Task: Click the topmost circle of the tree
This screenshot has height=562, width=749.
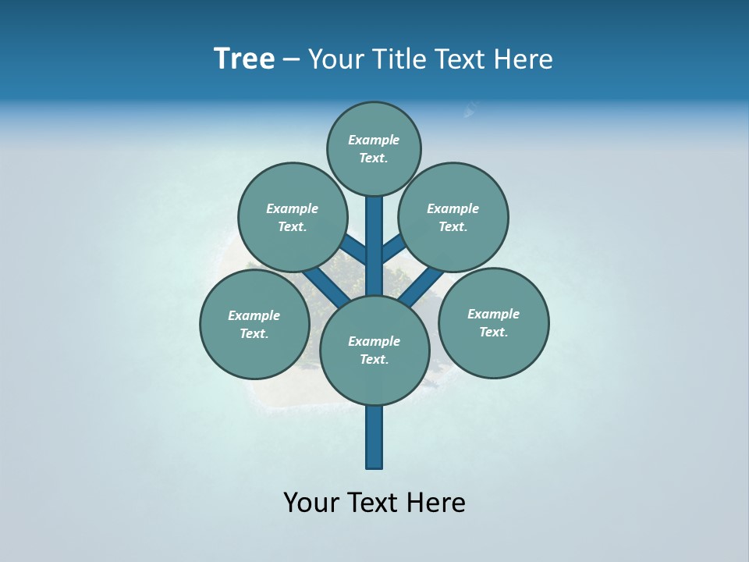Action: [x=374, y=148]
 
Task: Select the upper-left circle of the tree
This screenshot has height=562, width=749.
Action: [x=292, y=217]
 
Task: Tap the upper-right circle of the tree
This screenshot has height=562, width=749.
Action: [x=453, y=217]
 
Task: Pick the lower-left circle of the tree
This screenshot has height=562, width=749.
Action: [x=254, y=324]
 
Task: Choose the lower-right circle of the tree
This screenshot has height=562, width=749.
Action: [x=493, y=322]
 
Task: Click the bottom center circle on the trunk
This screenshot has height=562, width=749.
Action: [x=374, y=350]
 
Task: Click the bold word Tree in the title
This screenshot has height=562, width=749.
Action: [x=244, y=59]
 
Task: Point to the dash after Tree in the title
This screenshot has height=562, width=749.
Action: [x=291, y=60]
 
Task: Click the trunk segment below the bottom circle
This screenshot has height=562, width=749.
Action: [x=374, y=437]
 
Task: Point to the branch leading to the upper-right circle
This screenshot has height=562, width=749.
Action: [x=392, y=249]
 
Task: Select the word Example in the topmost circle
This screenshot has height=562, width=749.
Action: [x=374, y=140]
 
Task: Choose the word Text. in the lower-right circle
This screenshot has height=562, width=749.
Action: [x=493, y=332]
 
